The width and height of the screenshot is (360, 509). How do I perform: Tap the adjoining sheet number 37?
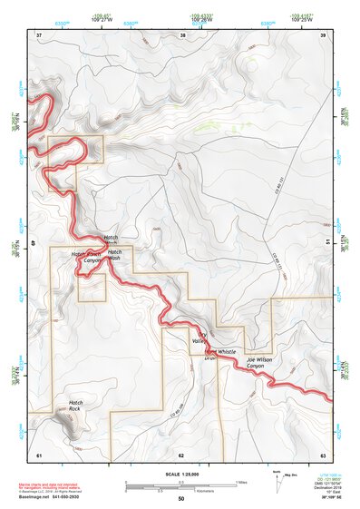pos(39,35)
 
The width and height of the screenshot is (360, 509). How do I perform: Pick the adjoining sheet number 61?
pos(39,454)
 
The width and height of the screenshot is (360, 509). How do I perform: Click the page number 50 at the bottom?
pos(181,499)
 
